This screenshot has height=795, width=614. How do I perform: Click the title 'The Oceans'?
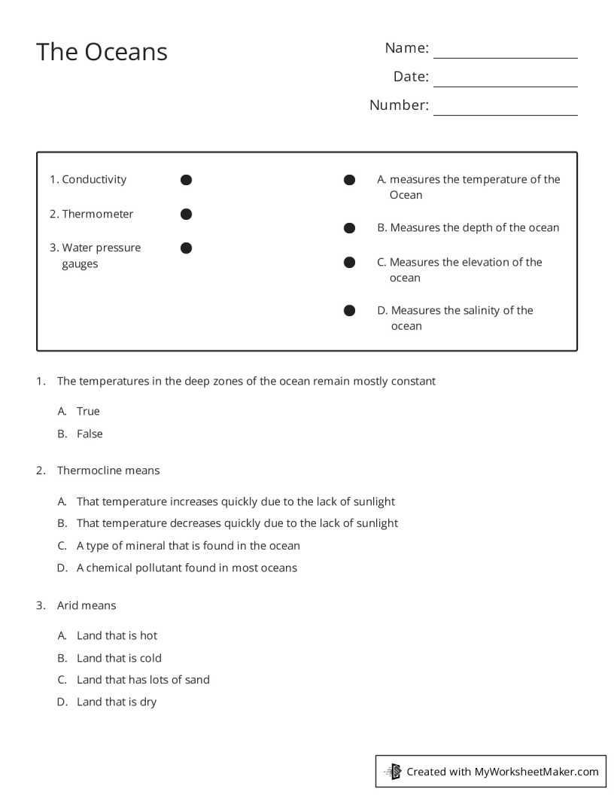coord(102,52)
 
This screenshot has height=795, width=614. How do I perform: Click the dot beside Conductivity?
coord(187,180)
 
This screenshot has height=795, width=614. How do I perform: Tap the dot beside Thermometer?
coord(187,215)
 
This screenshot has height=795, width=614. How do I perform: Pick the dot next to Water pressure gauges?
coord(187,248)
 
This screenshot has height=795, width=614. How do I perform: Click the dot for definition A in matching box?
coord(349,180)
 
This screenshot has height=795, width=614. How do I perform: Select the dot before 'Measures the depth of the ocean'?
coord(349,228)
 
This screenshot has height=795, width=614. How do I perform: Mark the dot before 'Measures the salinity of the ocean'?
coord(349,310)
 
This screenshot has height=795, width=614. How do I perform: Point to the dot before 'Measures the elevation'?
coord(349,262)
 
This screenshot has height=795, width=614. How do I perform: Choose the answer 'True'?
coord(88,411)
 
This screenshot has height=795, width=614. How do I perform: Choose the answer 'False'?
coord(90,434)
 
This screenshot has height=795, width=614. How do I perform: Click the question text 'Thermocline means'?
coord(108,471)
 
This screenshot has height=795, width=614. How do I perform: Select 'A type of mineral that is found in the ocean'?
coord(188,546)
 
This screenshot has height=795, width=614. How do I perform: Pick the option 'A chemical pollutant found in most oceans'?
coord(187,568)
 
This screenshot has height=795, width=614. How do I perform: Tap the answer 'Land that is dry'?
coord(117,702)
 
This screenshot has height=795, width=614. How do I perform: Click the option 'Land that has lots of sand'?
coord(143,680)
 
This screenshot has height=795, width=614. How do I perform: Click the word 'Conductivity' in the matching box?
coord(94,179)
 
